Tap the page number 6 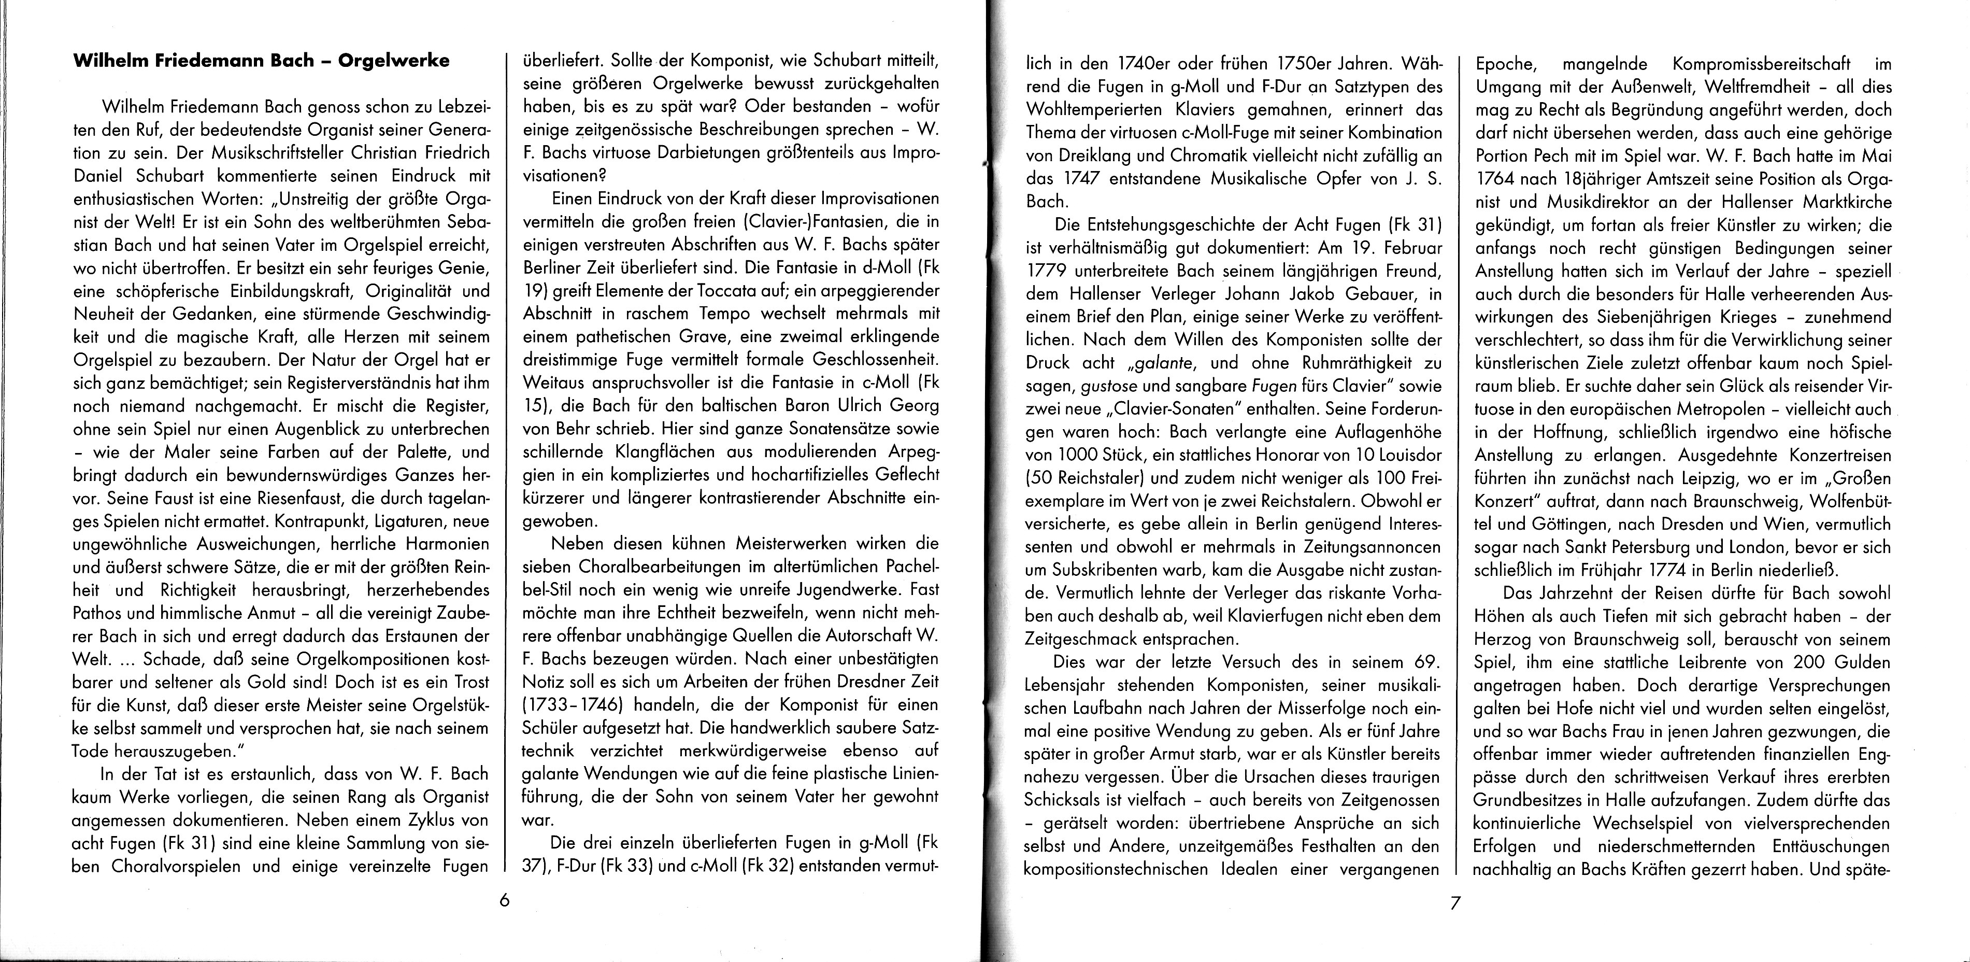(504, 900)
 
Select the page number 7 (1454, 903)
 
